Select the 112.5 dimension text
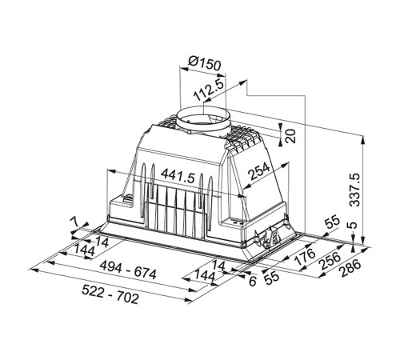pyautogui.click(x=208, y=90)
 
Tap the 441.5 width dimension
pyautogui.click(x=178, y=176)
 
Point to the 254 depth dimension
pyautogui.click(x=259, y=171)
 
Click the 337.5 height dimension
pyautogui.click(x=355, y=190)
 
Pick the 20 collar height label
pyautogui.click(x=290, y=136)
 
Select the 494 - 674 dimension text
pyautogui.click(x=127, y=270)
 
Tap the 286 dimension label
pyautogui.click(x=350, y=268)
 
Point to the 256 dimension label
pyautogui.click(x=330, y=261)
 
